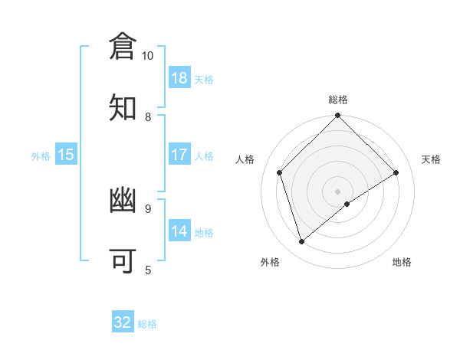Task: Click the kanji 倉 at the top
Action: coord(123,47)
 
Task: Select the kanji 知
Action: coord(123,108)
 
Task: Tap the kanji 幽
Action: coord(123,201)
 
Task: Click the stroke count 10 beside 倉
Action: coord(148,56)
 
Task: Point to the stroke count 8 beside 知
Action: coord(148,117)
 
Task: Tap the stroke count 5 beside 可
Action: coord(148,270)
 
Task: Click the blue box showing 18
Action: coord(179,78)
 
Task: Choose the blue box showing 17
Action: coord(179,155)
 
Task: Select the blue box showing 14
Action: coord(179,231)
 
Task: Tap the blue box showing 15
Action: coord(66,155)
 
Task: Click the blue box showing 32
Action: coord(123,322)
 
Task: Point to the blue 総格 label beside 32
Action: coord(147,324)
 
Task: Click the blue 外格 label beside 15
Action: coord(41,156)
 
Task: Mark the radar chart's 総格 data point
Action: coord(338,116)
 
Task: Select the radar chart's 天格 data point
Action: coord(396,172)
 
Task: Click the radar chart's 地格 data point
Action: coord(347,204)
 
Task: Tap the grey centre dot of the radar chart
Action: coord(338,191)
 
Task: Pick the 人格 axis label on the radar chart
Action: coord(245,159)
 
